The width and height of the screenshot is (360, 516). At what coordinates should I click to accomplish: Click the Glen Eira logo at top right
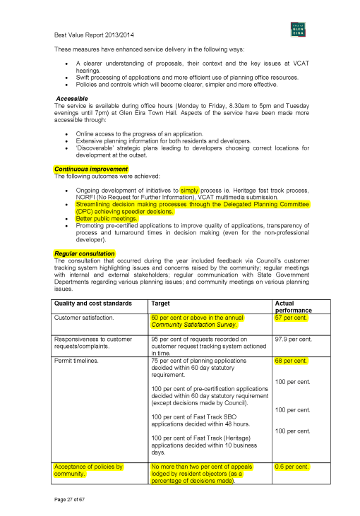297,29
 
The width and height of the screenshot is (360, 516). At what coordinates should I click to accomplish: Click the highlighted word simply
190,191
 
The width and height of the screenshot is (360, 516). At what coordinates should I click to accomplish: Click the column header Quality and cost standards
93,304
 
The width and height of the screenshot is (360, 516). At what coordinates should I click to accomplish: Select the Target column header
160,304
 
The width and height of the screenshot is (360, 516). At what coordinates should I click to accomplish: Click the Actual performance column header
293,306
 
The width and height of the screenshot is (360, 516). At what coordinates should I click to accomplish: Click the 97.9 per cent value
293,339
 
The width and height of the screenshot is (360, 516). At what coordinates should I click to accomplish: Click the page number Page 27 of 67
69,499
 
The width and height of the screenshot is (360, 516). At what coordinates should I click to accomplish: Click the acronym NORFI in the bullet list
87,198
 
